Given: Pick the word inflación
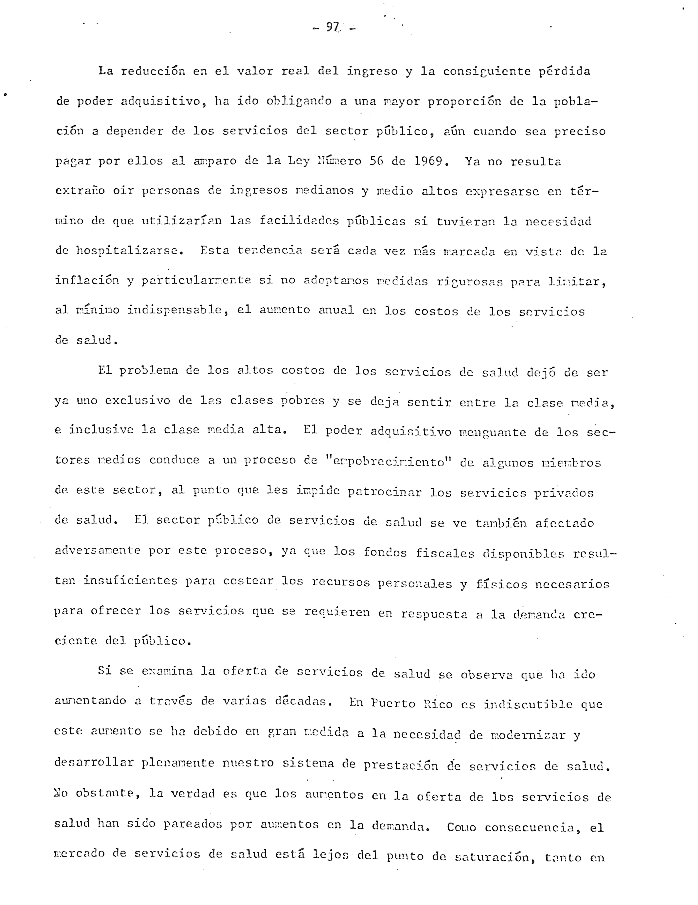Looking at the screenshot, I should [x=87, y=281].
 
